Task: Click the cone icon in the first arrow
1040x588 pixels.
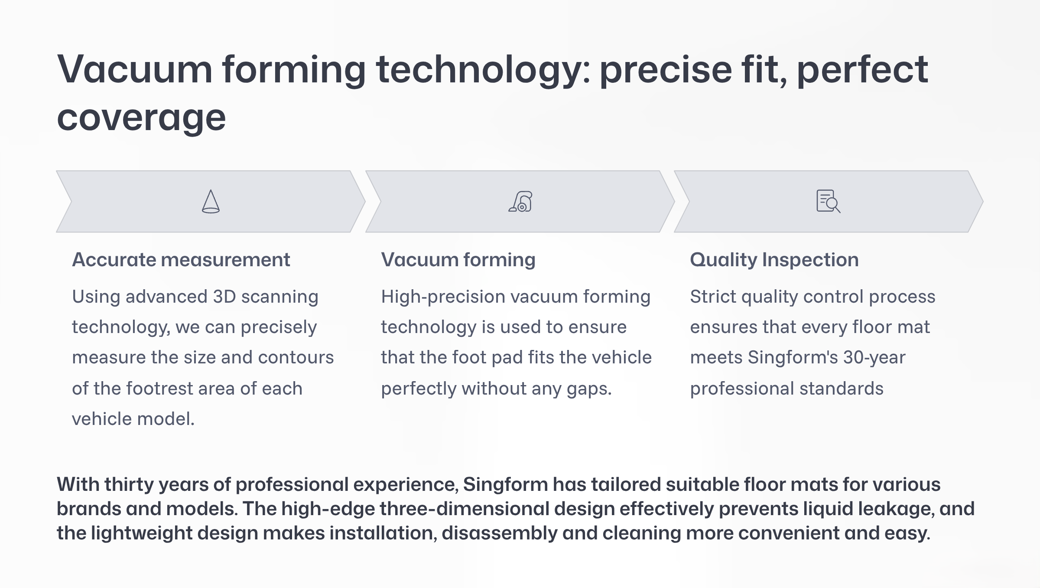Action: pos(211,201)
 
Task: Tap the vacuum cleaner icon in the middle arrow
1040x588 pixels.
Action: pos(520,201)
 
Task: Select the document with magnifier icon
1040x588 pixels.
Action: pos(828,201)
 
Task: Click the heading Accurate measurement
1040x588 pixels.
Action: pos(181,260)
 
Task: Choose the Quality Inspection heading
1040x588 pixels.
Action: pos(774,260)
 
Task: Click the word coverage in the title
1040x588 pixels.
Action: pos(141,118)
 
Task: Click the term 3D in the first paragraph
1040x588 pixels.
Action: pos(224,297)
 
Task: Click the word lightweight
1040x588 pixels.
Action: pos(142,533)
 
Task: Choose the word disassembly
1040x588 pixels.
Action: pos(500,533)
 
